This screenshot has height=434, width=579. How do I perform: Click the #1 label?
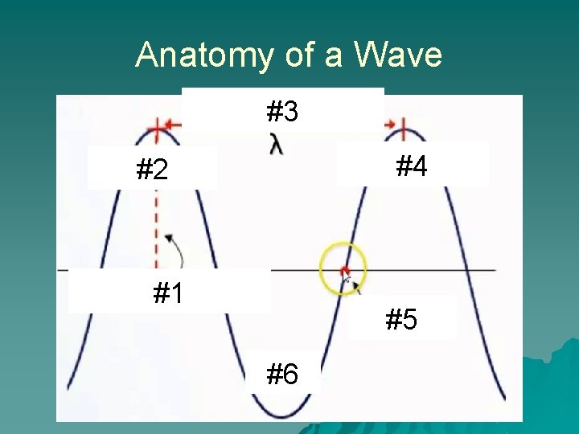tap(168, 294)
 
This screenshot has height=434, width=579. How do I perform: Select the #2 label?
tap(152, 170)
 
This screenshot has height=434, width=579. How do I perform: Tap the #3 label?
tap(282, 112)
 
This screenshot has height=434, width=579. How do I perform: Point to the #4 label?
tap(411, 166)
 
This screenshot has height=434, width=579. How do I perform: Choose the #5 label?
tap(401, 321)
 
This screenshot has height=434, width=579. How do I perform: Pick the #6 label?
tap(282, 374)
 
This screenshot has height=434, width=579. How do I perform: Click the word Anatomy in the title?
tap(204, 55)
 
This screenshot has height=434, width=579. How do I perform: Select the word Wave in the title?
tap(398, 55)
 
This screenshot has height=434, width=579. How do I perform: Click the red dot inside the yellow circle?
tap(344, 270)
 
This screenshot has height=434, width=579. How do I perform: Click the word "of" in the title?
tap(299, 55)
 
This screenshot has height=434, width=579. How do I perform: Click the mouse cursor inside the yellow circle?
tap(348, 278)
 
